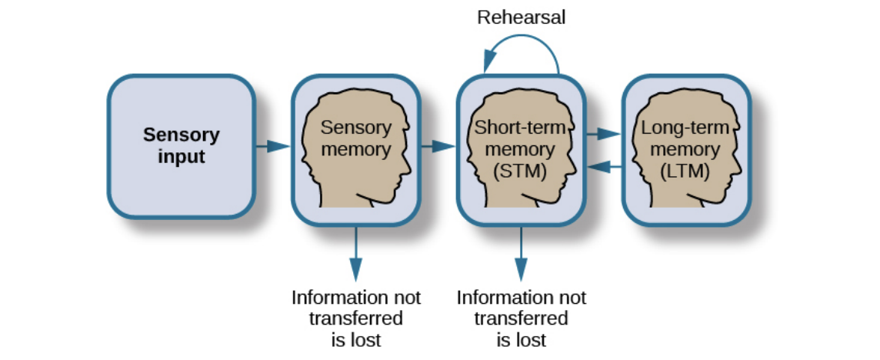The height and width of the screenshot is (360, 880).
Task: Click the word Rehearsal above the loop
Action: pyautogui.click(x=521, y=17)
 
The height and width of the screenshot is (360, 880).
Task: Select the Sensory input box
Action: pyautogui.click(x=180, y=146)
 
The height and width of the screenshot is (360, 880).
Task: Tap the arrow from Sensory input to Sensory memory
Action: pyautogui.click(x=273, y=145)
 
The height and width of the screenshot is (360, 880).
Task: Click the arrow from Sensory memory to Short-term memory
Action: pyautogui.click(x=438, y=145)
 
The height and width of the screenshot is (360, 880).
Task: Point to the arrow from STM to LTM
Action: pyautogui.click(x=604, y=135)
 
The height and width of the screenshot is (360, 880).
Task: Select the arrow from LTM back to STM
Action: pyautogui.click(x=604, y=165)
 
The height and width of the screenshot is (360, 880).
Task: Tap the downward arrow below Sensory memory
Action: pyautogui.click(x=355, y=254)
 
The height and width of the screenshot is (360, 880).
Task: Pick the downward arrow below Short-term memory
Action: pyautogui.click(x=521, y=254)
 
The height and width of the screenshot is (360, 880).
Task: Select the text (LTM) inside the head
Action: pyautogui.click(x=685, y=172)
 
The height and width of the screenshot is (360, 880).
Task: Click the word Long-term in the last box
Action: pyautogui.click(x=680, y=127)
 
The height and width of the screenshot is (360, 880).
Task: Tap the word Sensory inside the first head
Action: pyautogui.click(x=355, y=127)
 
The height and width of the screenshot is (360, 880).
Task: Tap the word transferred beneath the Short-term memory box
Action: pyautogui.click(x=521, y=318)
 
